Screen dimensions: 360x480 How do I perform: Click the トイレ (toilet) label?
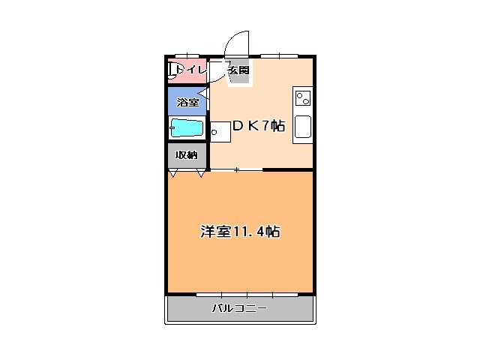tap(190, 70)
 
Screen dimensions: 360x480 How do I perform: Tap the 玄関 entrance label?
tap(238, 70)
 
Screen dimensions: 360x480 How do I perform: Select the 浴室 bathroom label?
tap(187, 101)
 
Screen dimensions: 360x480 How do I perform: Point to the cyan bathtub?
tap(187, 127)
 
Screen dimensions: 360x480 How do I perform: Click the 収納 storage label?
tap(187, 154)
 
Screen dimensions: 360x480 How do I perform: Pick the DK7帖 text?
tap(257, 126)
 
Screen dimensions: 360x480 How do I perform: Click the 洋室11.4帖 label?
tap(239, 231)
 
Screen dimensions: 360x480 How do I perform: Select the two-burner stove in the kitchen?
tap(303, 98)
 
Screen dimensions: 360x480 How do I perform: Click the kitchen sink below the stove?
tap(303, 127)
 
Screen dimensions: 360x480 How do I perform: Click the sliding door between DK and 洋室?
tap(236, 170)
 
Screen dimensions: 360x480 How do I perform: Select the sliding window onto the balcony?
tap(236, 293)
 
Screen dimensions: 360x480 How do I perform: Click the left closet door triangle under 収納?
tap(173, 174)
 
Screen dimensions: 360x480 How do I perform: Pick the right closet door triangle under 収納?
tap(201, 174)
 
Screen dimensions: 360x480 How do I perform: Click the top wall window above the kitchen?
tap(280, 55)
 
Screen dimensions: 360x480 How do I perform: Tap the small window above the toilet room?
tap(187, 55)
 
